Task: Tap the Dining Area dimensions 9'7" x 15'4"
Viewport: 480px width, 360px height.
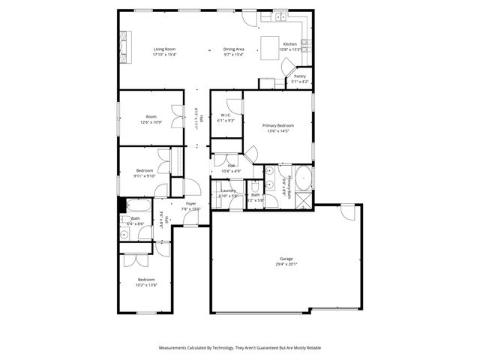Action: (234, 55)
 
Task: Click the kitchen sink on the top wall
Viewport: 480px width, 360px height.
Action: (278, 16)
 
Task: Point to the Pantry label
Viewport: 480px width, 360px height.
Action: (299, 76)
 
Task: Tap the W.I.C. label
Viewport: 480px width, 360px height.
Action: (226, 115)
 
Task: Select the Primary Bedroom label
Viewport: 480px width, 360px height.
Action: (277, 125)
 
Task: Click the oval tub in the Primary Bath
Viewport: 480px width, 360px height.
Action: (304, 180)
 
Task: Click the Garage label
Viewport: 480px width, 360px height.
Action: (286, 259)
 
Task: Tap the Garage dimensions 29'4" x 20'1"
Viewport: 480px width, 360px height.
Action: (286, 265)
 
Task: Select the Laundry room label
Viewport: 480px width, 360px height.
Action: (228, 190)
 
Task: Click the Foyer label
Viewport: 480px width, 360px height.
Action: (191, 203)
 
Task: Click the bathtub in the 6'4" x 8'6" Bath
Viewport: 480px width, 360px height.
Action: (138, 205)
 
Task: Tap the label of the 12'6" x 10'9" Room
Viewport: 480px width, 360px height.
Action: (151, 116)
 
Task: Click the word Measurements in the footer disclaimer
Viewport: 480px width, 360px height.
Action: (175, 349)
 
